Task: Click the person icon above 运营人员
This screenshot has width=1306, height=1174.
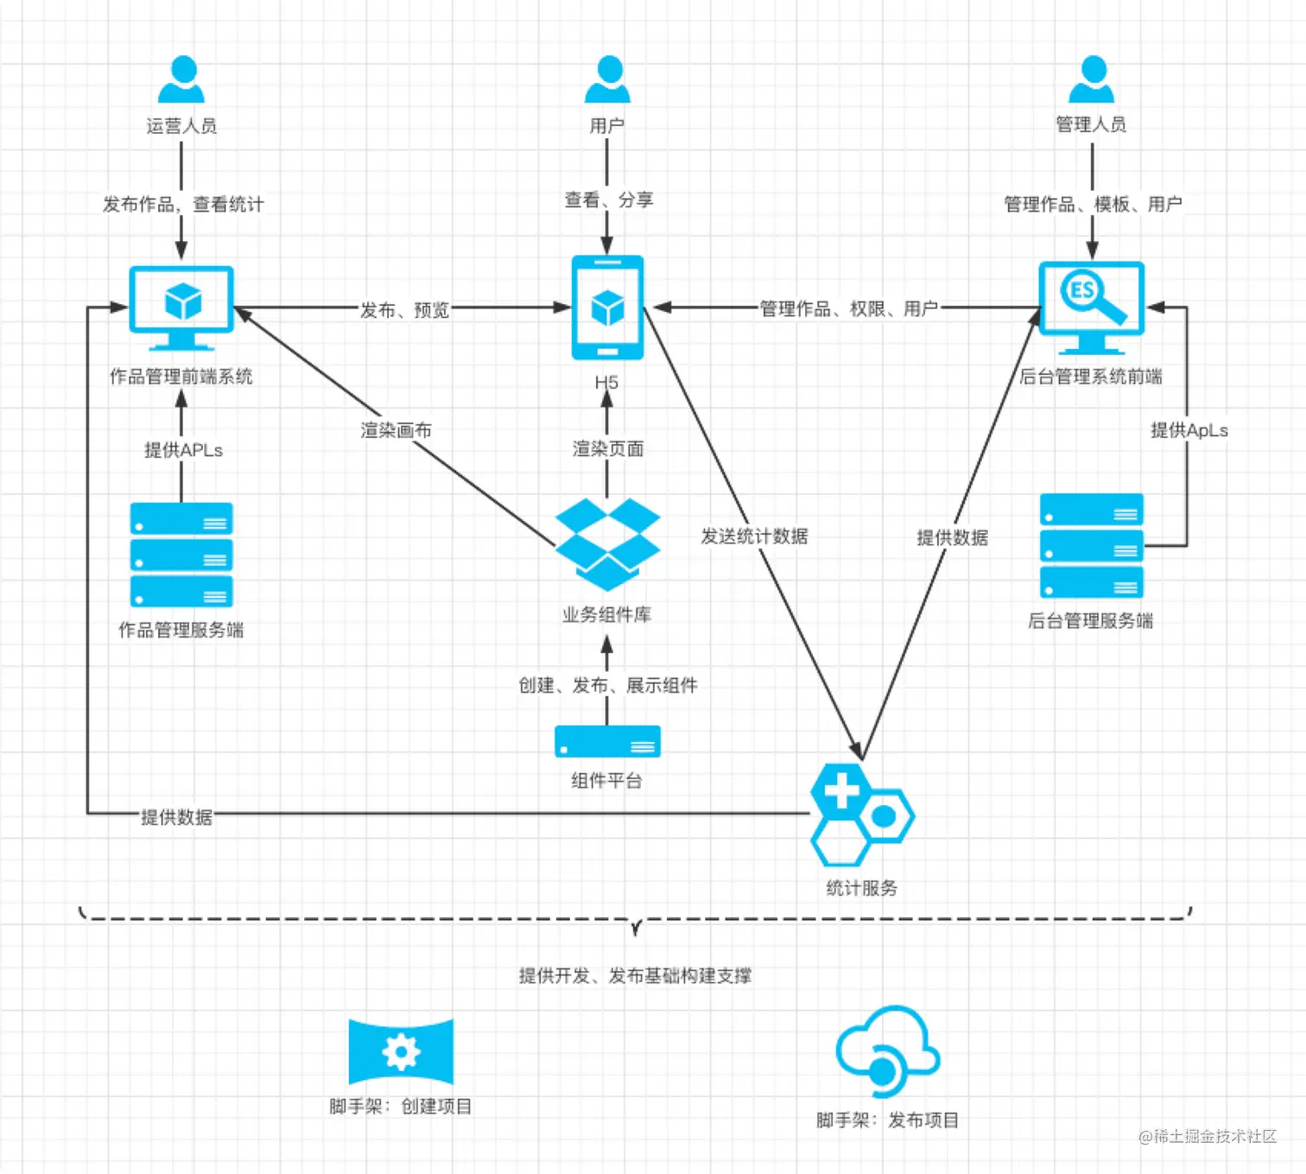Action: click(181, 80)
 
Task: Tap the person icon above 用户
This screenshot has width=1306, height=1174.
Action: click(607, 80)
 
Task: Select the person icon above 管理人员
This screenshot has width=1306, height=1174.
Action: click(1092, 80)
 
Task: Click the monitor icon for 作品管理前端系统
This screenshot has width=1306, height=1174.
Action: click(181, 308)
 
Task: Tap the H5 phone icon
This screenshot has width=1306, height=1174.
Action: click(607, 308)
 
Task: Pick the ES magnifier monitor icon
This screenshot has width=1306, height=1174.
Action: click(1092, 308)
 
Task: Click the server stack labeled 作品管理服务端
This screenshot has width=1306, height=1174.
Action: click(181, 555)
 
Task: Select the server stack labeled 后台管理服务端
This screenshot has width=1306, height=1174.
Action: click(1092, 546)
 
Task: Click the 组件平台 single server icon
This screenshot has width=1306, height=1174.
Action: click(607, 742)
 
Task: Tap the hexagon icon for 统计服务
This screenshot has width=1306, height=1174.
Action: click(861, 815)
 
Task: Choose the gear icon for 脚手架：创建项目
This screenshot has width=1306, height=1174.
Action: click(401, 1051)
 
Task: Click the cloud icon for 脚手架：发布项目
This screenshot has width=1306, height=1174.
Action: click(887, 1051)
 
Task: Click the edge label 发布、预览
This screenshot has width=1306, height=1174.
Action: click(404, 309)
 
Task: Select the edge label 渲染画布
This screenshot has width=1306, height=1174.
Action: click(396, 429)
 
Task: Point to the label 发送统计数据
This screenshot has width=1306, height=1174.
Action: click(754, 536)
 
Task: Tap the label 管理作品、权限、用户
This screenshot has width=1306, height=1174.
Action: click(848, 308)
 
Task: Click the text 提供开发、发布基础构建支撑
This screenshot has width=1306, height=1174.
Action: click(635, 975)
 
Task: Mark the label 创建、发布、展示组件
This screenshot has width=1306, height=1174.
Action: click(607, 685)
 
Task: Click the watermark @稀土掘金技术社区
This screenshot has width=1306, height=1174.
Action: click(1207, 1136)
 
